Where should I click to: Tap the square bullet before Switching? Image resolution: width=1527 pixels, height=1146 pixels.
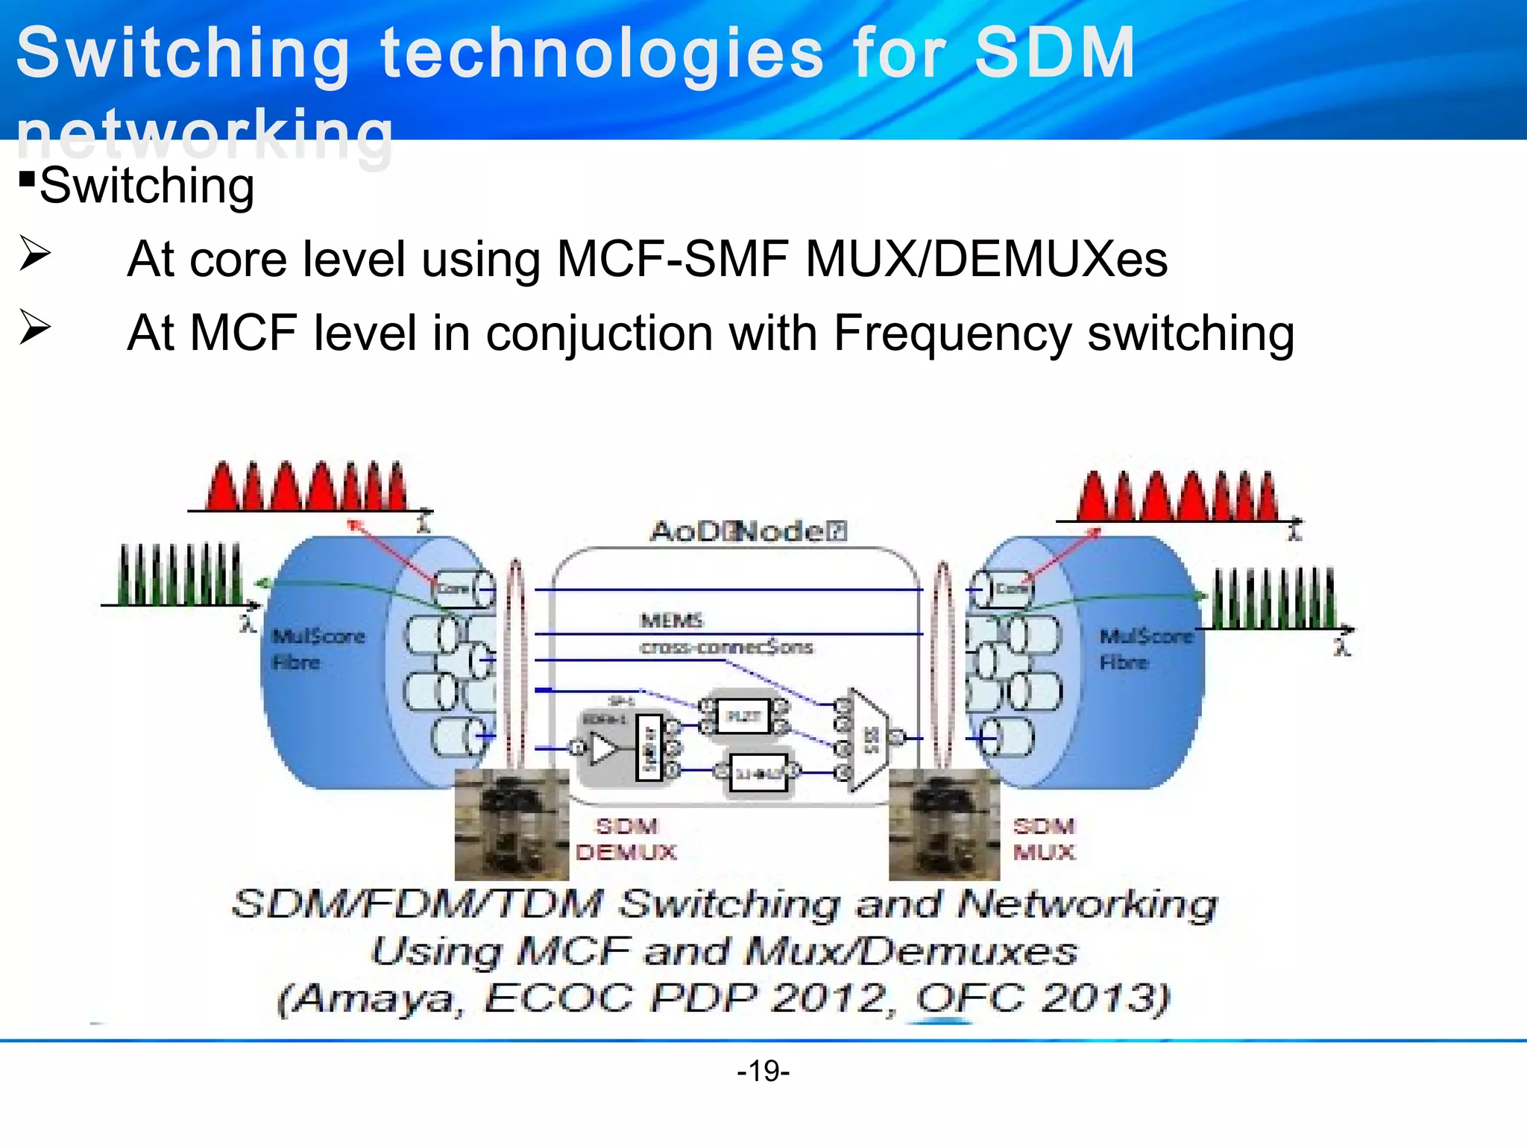click(28, 180)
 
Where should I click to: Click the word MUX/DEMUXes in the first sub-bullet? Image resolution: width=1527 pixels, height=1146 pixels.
click(986, 259)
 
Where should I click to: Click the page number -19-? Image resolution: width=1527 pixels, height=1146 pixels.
click(763, 1071)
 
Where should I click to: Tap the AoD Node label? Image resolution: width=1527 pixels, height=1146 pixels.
click(748, 531)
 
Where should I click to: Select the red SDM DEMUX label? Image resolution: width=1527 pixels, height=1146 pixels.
click(626, 839)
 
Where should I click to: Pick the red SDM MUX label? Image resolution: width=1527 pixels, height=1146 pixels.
click(1044, 839)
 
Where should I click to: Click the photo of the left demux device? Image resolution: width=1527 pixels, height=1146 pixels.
click(511, 824)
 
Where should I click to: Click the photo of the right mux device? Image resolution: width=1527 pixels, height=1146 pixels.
click(944, 824)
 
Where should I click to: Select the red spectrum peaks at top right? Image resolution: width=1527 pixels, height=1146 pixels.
click(1177, 495)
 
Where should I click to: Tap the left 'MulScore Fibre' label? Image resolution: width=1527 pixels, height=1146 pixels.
click(318, 648)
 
